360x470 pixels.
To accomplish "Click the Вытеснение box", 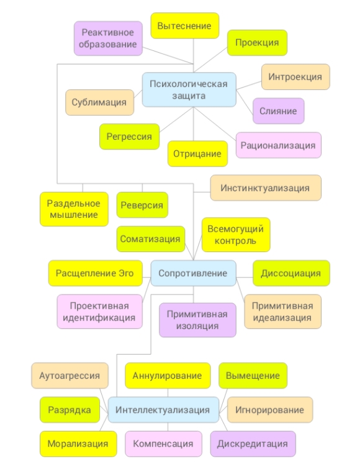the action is [x=184, y=25].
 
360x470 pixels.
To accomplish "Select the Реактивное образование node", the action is [x=108, y=38].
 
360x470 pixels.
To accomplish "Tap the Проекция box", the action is [x=257, y=43].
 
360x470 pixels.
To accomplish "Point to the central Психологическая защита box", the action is [x=189, y=89].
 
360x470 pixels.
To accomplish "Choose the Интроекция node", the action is [x=295, y=77].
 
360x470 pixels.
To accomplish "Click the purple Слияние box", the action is [x=279, y=111].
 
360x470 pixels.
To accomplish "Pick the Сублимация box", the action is [x=99, y=102].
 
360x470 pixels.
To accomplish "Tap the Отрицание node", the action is [x=197, y=153].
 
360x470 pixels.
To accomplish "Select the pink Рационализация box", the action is [x=279, y=145].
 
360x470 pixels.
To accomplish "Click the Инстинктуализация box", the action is [x=266, y=188].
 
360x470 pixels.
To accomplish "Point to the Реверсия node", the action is [x=142, y=205].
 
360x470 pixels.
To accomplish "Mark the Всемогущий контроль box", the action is [x=236, y=235].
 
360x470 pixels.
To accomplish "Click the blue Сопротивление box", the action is [x=193, y=273].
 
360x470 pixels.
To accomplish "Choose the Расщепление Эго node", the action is [x=96, y=273].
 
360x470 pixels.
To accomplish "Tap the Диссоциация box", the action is [x=291, y=273].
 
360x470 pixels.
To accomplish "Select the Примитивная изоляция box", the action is [x=197, y=320].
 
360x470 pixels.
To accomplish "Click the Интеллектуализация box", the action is [x=163, y=410].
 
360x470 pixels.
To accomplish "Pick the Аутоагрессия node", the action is [x=70, y=376].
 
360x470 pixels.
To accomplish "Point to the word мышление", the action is [x=74, y=215].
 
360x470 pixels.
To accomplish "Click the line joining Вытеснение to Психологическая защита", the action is [x=193, y=55].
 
